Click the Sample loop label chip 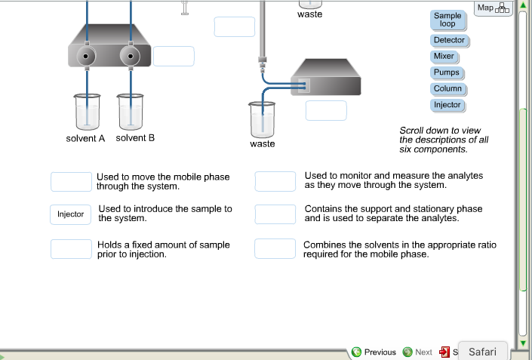click(x=447, y=20)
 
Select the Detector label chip click(x=449, y=40)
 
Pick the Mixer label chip click(x=444, y=57)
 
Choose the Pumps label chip click(x=445, y=73)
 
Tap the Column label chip click(x=447, y=89)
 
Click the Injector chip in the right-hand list click(x=447, y=105)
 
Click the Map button click(x=494, y=8)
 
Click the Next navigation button click(x=417, y=352)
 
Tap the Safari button click(x=482, y=352)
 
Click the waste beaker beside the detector click(x=263, y=119)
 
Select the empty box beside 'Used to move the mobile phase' click(x=71, y=182)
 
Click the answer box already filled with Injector click(x=71, y=214)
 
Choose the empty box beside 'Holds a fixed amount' click(x=71, y=249)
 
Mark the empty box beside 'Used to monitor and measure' click(x=275, y=181)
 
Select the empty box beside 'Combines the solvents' click(x=275, y=248)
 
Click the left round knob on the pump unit click(x=88, y=56)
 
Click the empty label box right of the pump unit click(x=174, y=56)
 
